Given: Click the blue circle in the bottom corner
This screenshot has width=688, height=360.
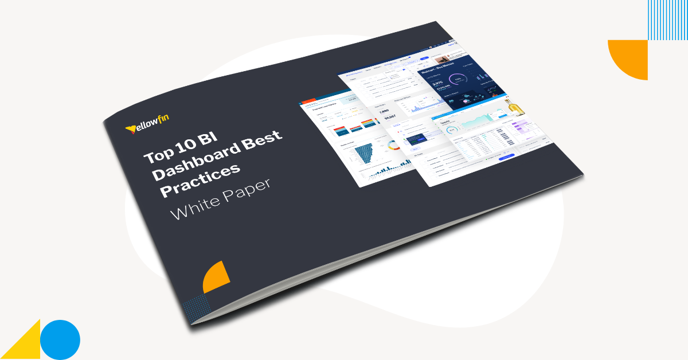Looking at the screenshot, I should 60,339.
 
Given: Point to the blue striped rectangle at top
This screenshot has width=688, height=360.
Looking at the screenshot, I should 667,19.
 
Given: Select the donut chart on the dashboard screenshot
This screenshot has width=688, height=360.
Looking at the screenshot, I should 392,146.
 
